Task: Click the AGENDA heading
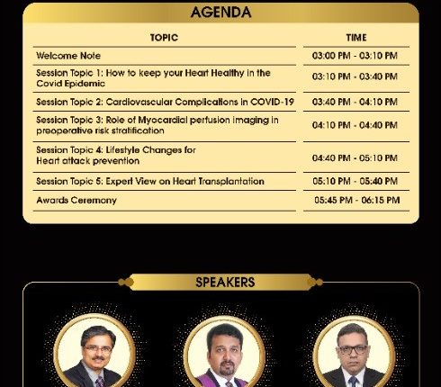click(x=220, y=13)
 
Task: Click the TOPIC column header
click(x=164, y=38)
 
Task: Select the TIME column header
click(x=355, y=38)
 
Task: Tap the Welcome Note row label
click(x=63, y=56)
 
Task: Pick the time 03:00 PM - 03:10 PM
click(x=355, y=56)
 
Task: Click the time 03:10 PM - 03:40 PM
click(x=355, y=77)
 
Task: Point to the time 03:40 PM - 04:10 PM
click(x=355, y=102)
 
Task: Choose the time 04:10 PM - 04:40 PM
click(x=355, y=125)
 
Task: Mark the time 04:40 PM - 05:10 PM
click(x=355, y=158)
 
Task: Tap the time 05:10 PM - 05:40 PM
click(x=355, y=181)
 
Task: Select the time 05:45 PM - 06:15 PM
click(x=356, y=200)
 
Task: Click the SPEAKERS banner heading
click(x=225, y=283)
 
